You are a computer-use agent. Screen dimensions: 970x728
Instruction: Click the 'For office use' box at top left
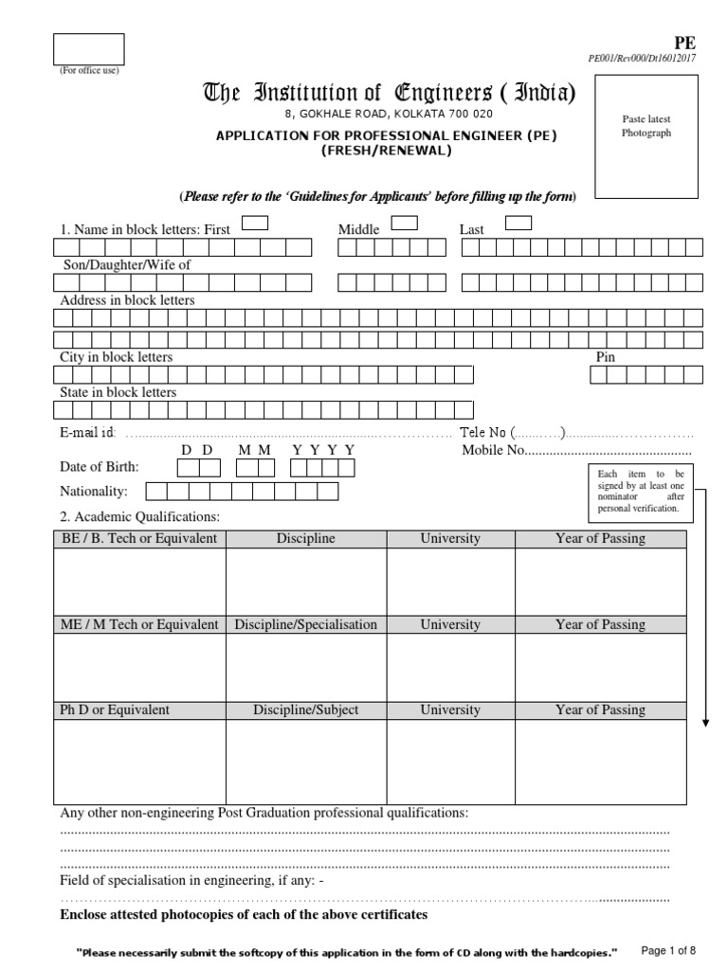pyautogui.click(x=88, y=49)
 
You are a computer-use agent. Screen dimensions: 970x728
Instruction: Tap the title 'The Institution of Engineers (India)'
pyautogui.click(x=389, y=93)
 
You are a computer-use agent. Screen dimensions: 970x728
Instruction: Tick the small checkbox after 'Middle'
pyautogui.click(x=405, y=224)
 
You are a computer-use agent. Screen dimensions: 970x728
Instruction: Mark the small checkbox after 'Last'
pyautogui.click(x=519, y=224)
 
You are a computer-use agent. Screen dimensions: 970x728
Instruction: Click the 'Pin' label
pyautogui.click(x=605, y=357)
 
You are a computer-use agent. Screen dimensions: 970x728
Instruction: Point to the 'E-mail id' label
pyautogui.click(x=87, y=432)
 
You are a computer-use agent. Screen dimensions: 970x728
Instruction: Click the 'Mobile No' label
pyautogui.click(x=493, y=450)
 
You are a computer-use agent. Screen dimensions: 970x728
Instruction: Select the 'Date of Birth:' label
pyautogui.click(x=100, y=467)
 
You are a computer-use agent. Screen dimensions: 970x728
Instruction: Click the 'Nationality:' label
pyautogui.click(x=94, y=491)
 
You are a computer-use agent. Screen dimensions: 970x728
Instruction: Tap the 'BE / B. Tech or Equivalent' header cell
pyautogui.click(x=139, y=539)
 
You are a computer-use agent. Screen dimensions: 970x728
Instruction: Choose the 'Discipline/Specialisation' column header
pyautogui.click(x=305, y=624)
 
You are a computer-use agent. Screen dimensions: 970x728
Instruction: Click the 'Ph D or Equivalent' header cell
pyautogui.click(x=115, y=710)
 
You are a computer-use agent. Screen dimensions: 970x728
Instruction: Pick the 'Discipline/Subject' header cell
pyautogui.click(x=305, y=710)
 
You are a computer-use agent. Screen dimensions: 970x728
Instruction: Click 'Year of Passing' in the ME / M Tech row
pyautogui.click(x=600, y=624)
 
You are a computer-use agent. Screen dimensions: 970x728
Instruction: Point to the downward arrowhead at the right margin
pyautogui.click(x=706, y=724)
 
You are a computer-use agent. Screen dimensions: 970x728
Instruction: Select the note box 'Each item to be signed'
pyautogui.click(x=640, y=491)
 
